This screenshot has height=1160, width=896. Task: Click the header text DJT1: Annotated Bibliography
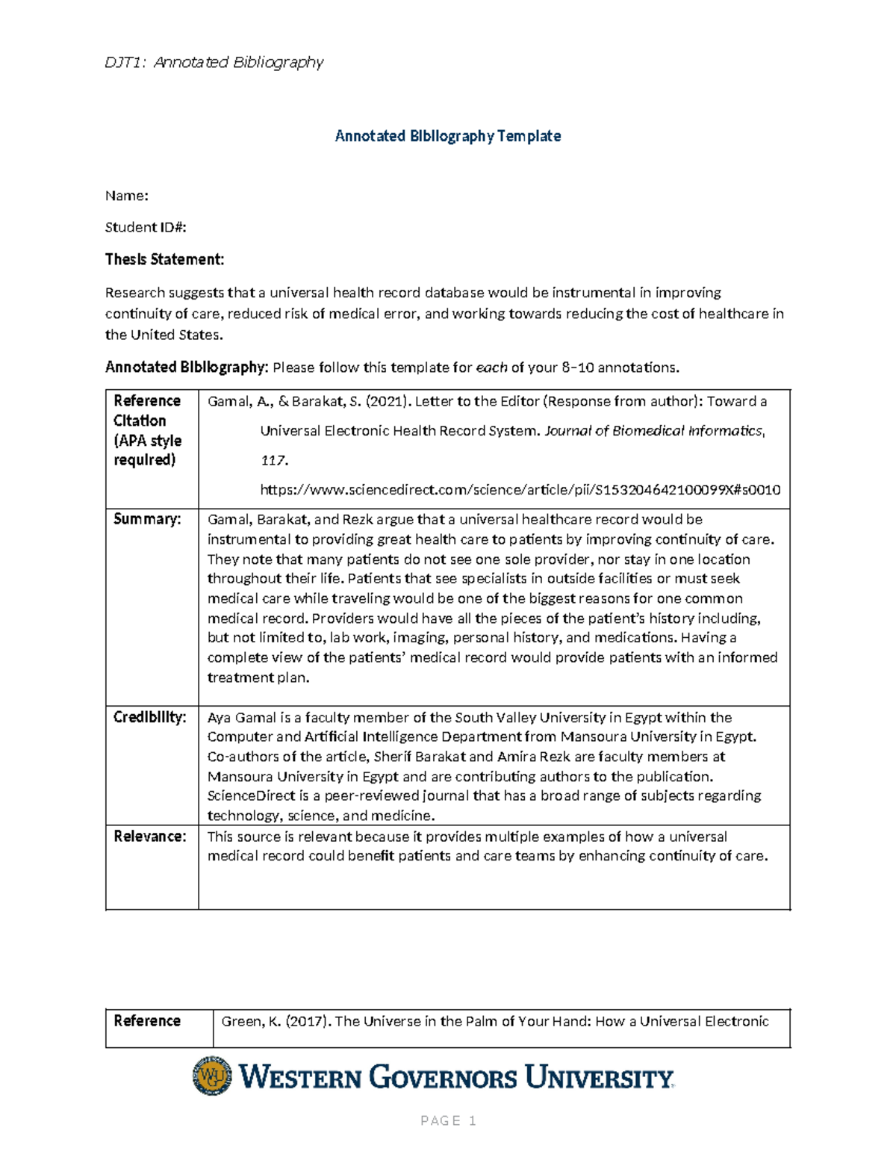click(x=214, y=62)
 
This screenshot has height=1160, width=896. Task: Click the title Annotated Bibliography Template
click(x=448, y=136)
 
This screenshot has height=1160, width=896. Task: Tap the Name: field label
click(x=126, y=196)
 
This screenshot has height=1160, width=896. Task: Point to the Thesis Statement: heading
click(x=164, y=259)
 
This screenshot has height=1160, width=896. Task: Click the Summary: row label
click(x=147, y=519)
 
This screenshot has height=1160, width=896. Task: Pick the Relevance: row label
click(x=149, y=837)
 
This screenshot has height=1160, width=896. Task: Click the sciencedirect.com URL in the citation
click(x=520, y=490)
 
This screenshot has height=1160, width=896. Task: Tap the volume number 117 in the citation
click(x=273, y=461)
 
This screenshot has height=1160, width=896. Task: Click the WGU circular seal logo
click(x=212, y=1076)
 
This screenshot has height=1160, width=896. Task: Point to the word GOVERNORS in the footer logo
click(x=443, y=1078)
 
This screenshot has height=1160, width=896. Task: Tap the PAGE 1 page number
click(x=448, y=1120)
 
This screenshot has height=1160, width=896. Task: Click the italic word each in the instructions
click(x=491, y=367)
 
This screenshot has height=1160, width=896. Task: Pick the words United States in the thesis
click(x=176, y=335)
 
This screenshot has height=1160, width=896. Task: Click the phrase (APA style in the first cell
click(x=148, y=441)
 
